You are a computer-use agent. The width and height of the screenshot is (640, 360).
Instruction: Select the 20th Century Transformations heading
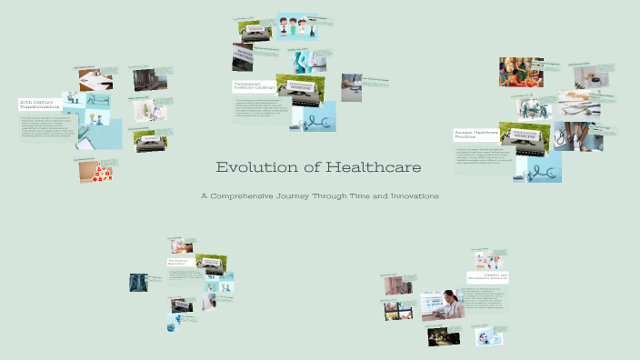[39, 105]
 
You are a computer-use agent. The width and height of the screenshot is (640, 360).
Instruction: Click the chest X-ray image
[139, 283]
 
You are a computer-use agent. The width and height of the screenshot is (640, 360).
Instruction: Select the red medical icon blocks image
[95, 171]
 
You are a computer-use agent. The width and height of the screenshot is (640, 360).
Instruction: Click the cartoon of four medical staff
[296, 27]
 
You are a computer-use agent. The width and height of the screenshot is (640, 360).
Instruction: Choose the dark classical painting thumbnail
[443, 335]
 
